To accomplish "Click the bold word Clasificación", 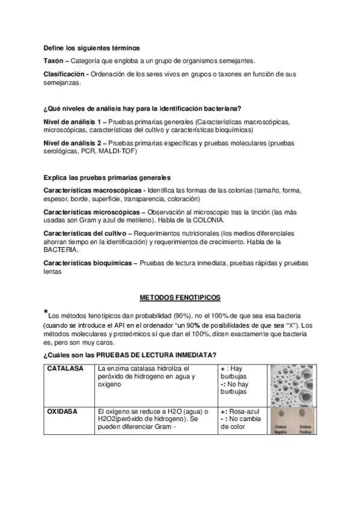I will click(65, 73).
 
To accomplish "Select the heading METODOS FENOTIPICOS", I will click(180, 297).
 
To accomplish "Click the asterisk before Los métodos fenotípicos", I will click(46, 312).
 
